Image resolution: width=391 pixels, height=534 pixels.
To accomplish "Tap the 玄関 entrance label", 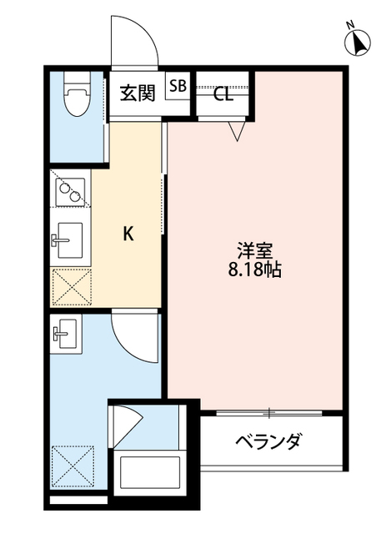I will [x=137, y=92].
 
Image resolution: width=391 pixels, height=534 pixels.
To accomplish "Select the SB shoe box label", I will [x=178, y=85].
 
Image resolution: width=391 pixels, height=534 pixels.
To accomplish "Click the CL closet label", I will [x=223, y=93].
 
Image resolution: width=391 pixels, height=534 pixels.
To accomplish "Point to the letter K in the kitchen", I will [x=128, y=234].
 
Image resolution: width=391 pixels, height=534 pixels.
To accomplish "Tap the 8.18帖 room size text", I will [x=253, y=270].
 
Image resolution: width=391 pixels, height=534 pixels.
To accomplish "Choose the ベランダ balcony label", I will [x=267, y=441].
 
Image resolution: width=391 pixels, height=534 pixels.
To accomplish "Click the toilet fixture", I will [x=76, y=98].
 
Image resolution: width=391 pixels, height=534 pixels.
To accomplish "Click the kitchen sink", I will [x=68, y=242].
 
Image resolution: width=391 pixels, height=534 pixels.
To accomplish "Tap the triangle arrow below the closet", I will [x=238, y=130].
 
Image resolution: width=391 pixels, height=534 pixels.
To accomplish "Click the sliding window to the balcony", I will [x=268, y=411].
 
